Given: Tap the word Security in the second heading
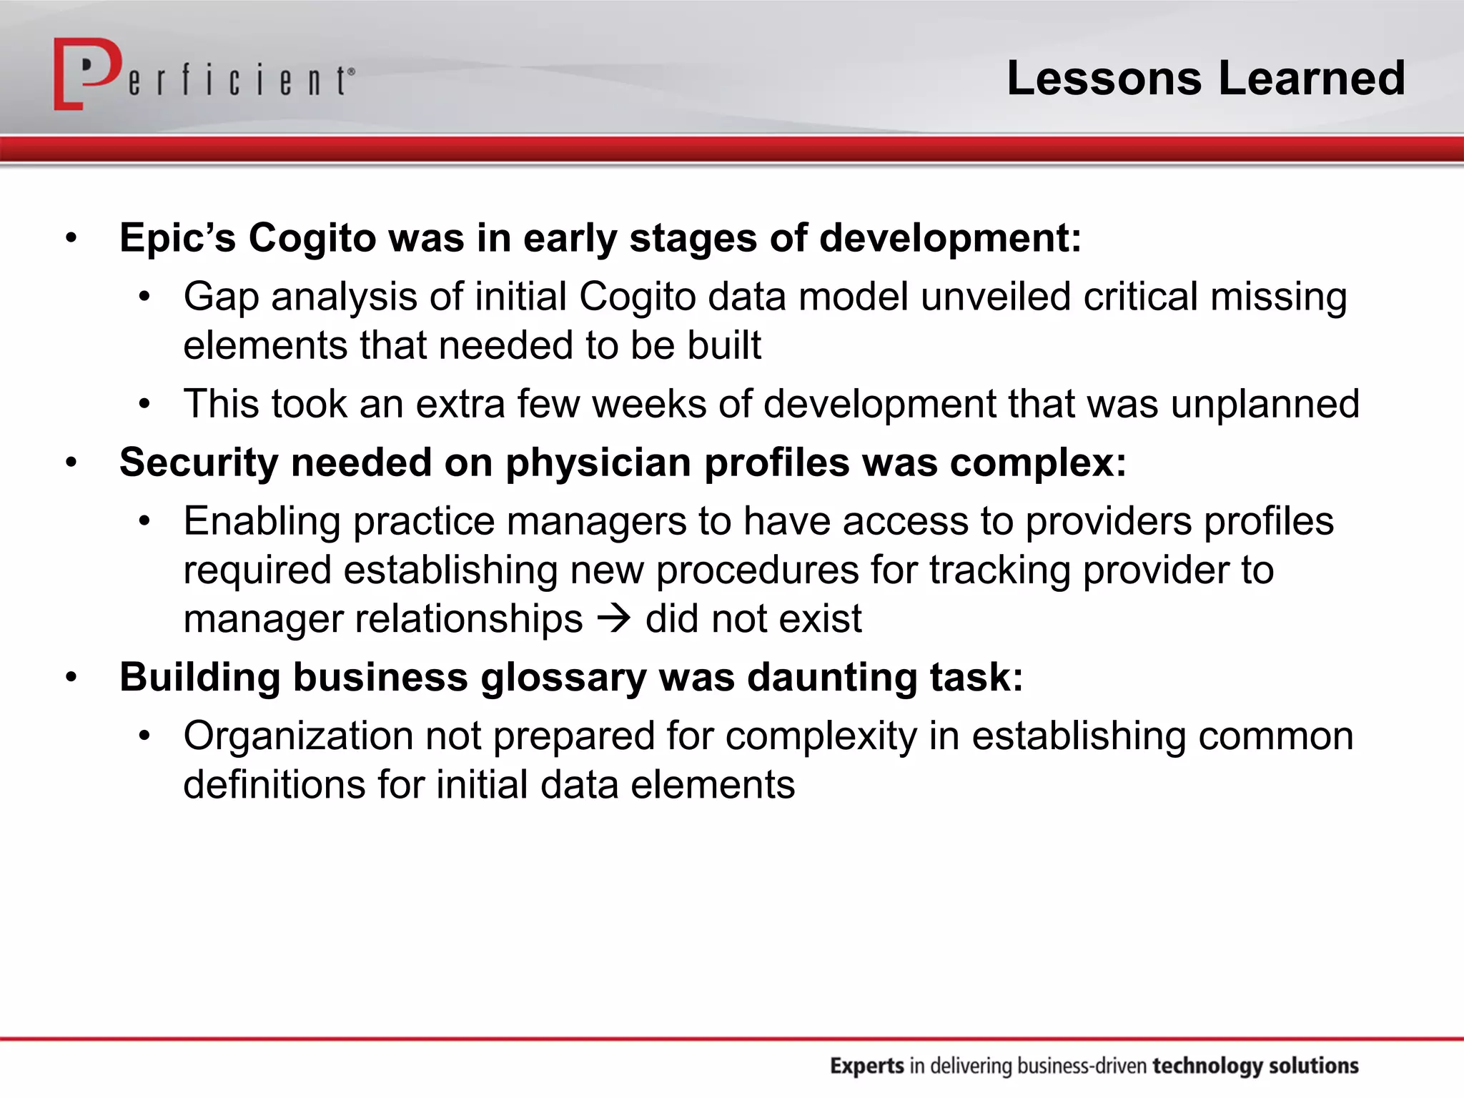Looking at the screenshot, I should pos(199,463).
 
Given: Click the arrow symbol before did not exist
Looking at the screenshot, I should pos(614,618).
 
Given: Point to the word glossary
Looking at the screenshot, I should pos(563,678).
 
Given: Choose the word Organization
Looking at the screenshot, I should pos(297,736).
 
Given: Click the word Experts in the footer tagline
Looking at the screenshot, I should pos(867,1066).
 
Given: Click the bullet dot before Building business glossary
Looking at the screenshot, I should pos(71,677).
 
